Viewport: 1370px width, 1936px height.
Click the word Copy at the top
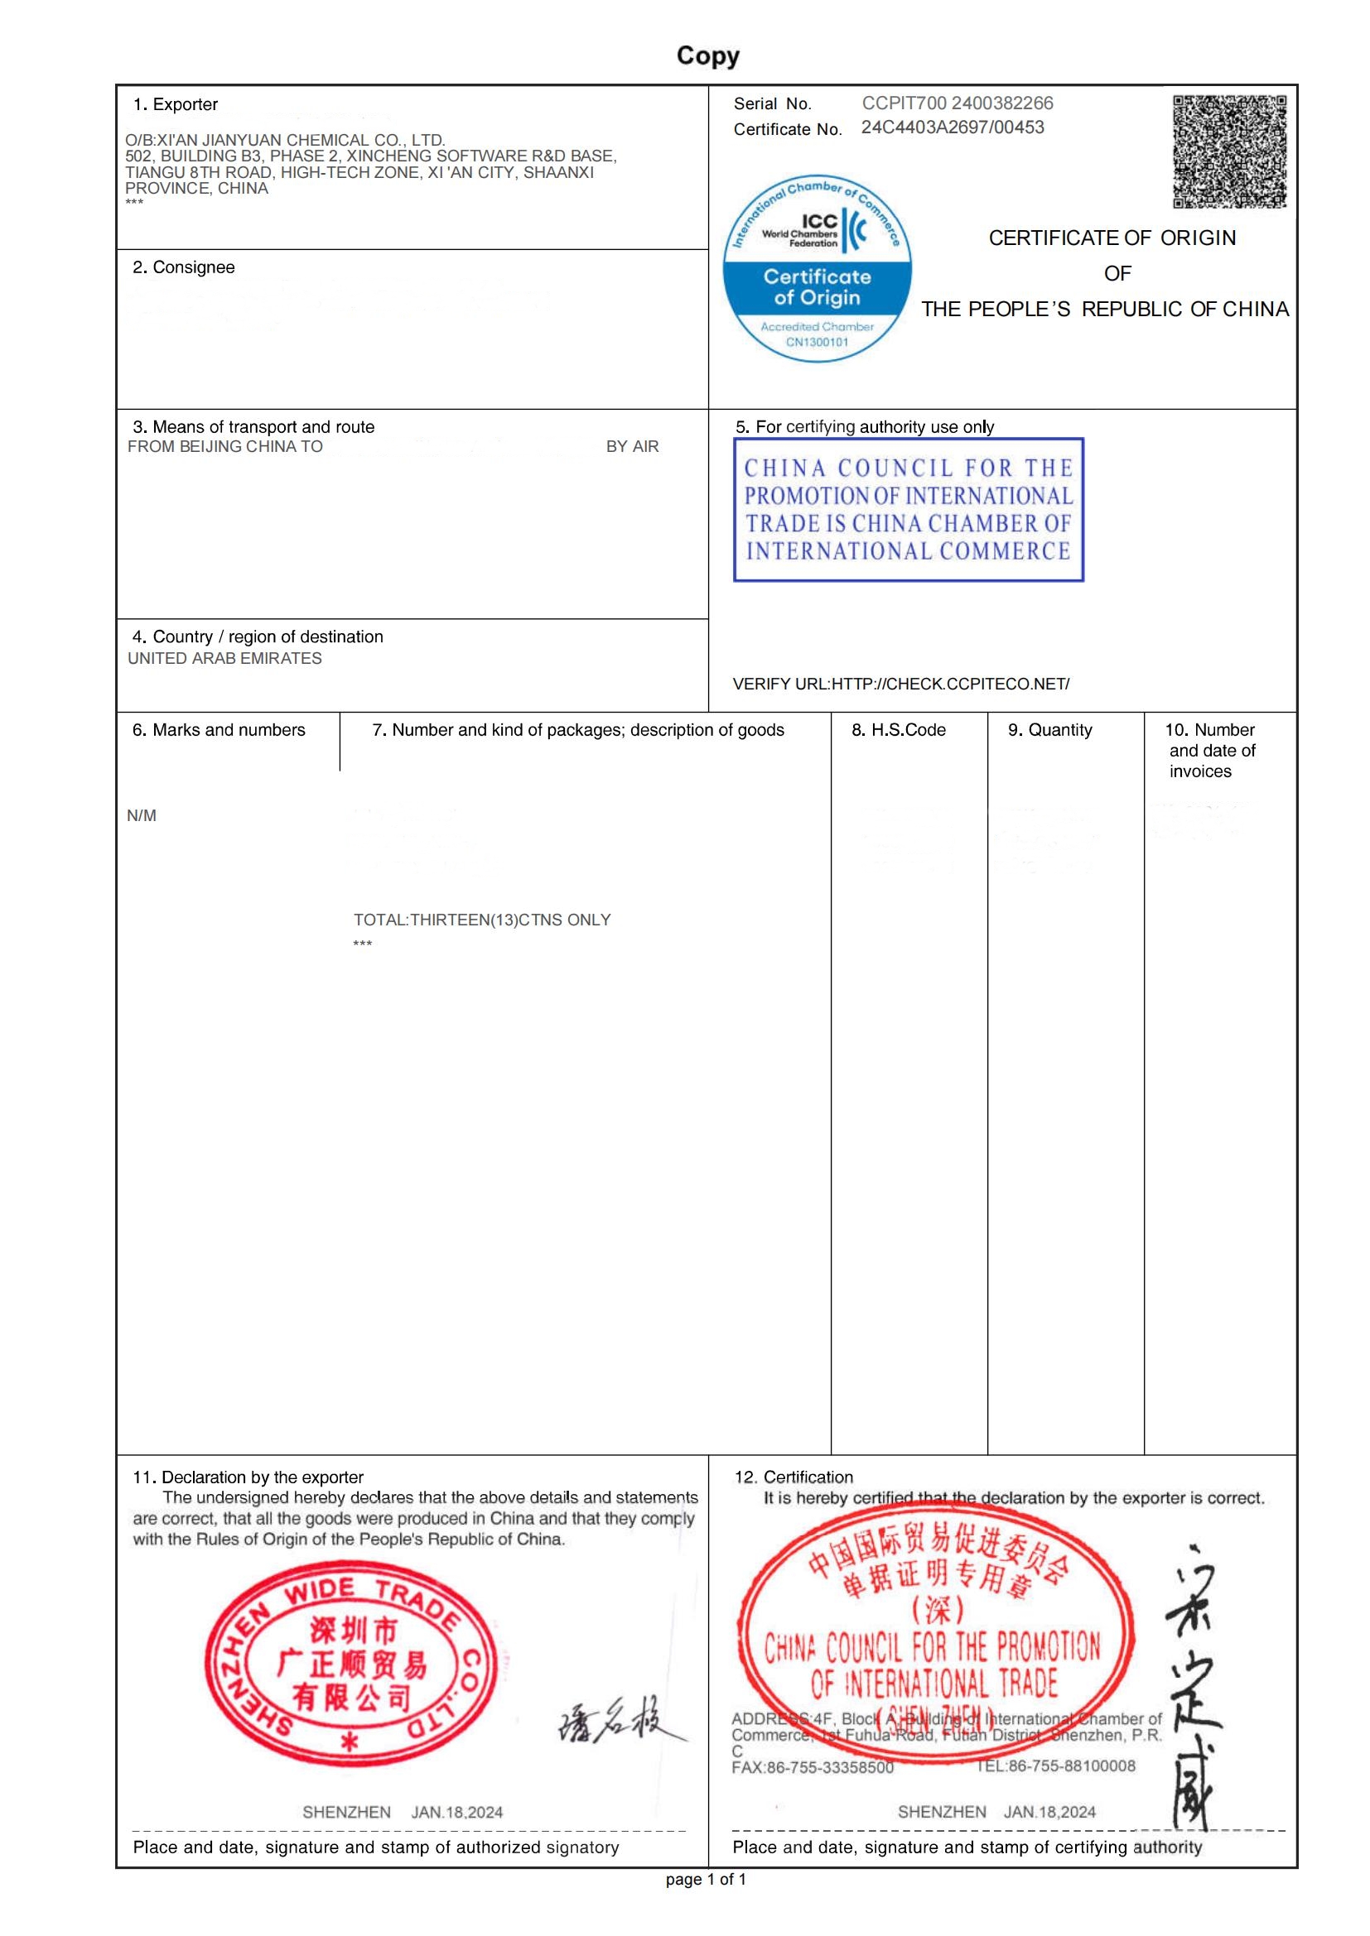707,55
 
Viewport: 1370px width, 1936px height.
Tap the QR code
1229,151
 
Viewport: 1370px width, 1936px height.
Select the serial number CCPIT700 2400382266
957,103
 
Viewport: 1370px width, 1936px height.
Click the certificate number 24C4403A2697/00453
953,127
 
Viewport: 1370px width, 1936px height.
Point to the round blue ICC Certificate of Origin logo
817,269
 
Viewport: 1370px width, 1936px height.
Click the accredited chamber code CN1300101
817,343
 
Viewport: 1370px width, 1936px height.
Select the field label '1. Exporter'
176,104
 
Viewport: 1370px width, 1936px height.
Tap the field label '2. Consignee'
184,267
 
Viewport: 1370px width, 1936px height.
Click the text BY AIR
632,447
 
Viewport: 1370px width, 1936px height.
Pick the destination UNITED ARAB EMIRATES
224,659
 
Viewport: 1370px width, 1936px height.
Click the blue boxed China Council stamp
908,509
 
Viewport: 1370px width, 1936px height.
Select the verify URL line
900,684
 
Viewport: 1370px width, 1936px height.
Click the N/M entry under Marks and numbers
142,815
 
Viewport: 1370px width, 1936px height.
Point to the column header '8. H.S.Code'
899,730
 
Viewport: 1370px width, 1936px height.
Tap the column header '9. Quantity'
1049,730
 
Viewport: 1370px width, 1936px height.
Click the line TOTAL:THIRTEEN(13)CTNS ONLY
482,920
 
